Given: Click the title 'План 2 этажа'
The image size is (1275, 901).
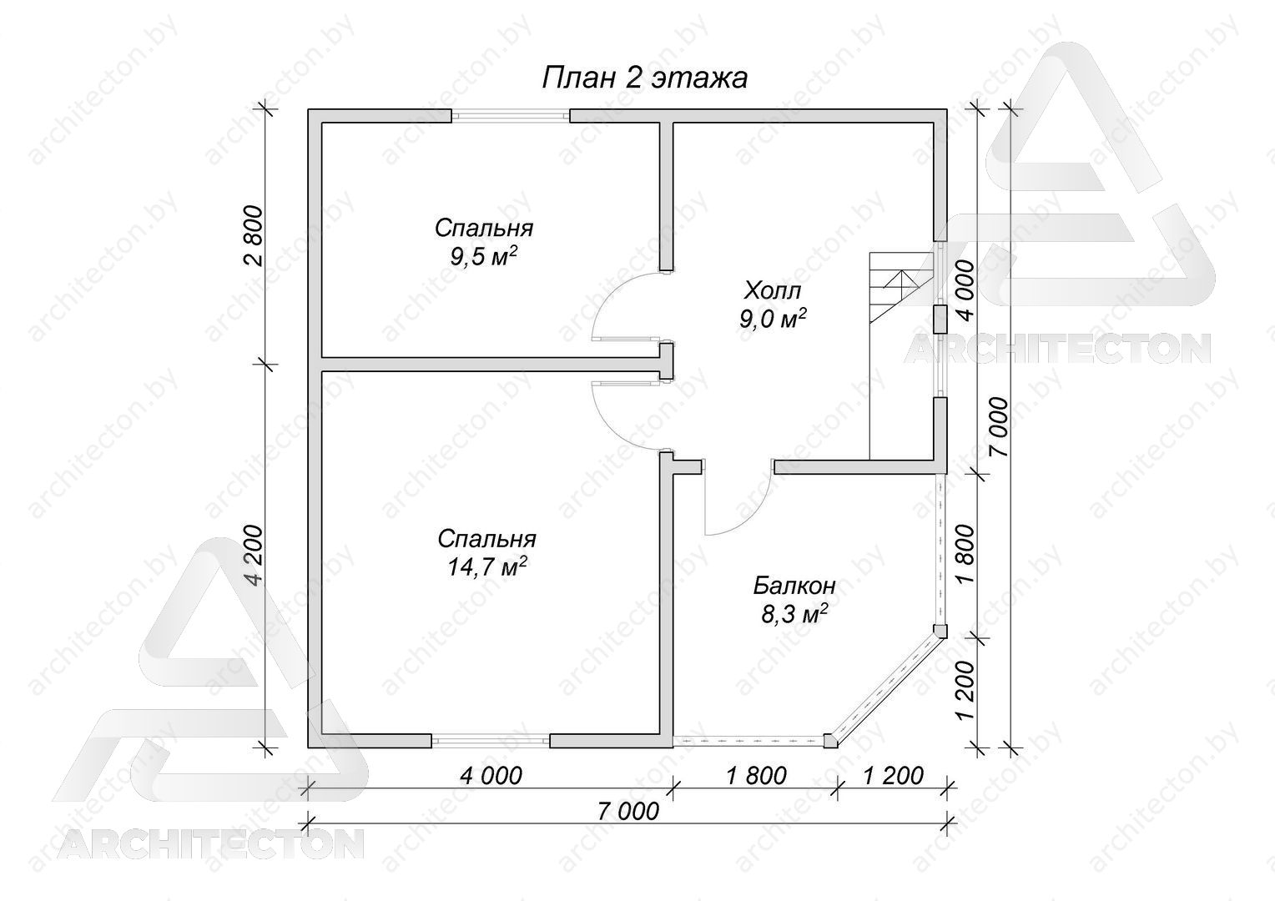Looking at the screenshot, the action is (x=644, y=78).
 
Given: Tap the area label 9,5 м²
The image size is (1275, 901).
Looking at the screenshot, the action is (x=484, y=257).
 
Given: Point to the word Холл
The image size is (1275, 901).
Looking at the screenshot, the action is (x=773, y=291).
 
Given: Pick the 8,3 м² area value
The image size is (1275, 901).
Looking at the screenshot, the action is (x=794, y=614).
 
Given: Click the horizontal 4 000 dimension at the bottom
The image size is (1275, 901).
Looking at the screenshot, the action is (x=491, y=775).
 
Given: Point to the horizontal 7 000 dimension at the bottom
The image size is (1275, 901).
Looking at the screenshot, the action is (x=627, y=811).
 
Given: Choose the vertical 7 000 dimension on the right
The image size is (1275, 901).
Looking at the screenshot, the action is (x=998, y=427).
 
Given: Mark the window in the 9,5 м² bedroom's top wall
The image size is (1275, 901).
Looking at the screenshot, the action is (x=511, y=115).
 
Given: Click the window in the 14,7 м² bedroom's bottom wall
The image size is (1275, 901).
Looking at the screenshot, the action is (x=490, y=741).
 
